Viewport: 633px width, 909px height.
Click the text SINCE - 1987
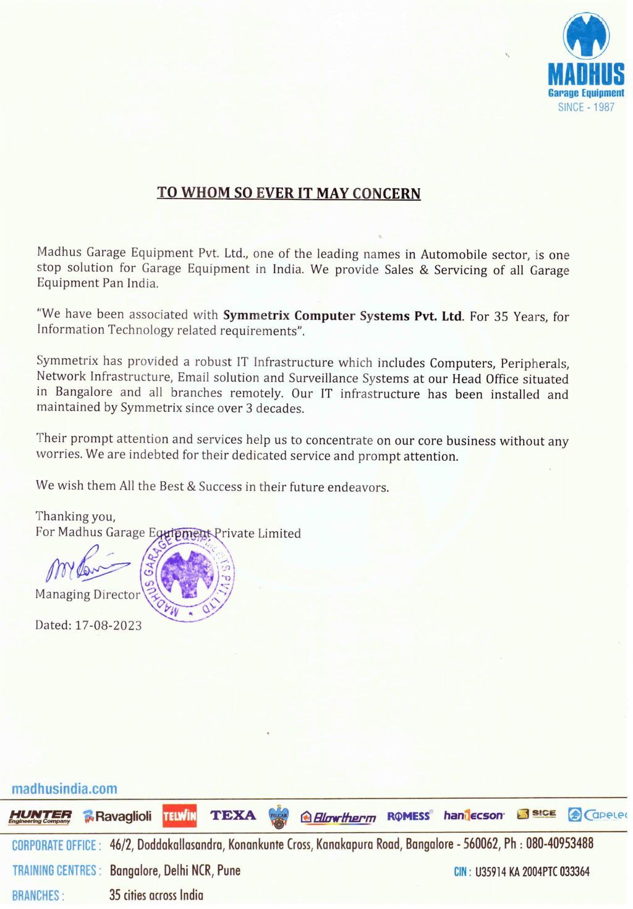coord(586,107)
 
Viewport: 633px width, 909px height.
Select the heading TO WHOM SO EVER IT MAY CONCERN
coord(289,193)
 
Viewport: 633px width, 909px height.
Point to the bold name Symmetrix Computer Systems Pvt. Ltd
coord(342,315)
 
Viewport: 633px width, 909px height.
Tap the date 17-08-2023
coord(108,625)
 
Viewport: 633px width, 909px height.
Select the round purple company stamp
coord(189,575)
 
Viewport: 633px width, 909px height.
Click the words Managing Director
coord(88,594)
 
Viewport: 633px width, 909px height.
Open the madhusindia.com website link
coord(64,788)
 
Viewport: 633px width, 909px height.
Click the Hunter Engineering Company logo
coord(40,816)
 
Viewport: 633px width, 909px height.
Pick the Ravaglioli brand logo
coord(117,816)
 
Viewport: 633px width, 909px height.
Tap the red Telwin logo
coord(179,816)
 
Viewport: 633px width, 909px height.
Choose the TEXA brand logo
coord(233,815)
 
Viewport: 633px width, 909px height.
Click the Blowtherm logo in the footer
coord(338,817)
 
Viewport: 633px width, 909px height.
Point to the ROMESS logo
coord(409,816)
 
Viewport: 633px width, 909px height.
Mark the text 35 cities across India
coord(156,895)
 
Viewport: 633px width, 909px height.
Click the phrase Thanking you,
coord(75,516)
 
